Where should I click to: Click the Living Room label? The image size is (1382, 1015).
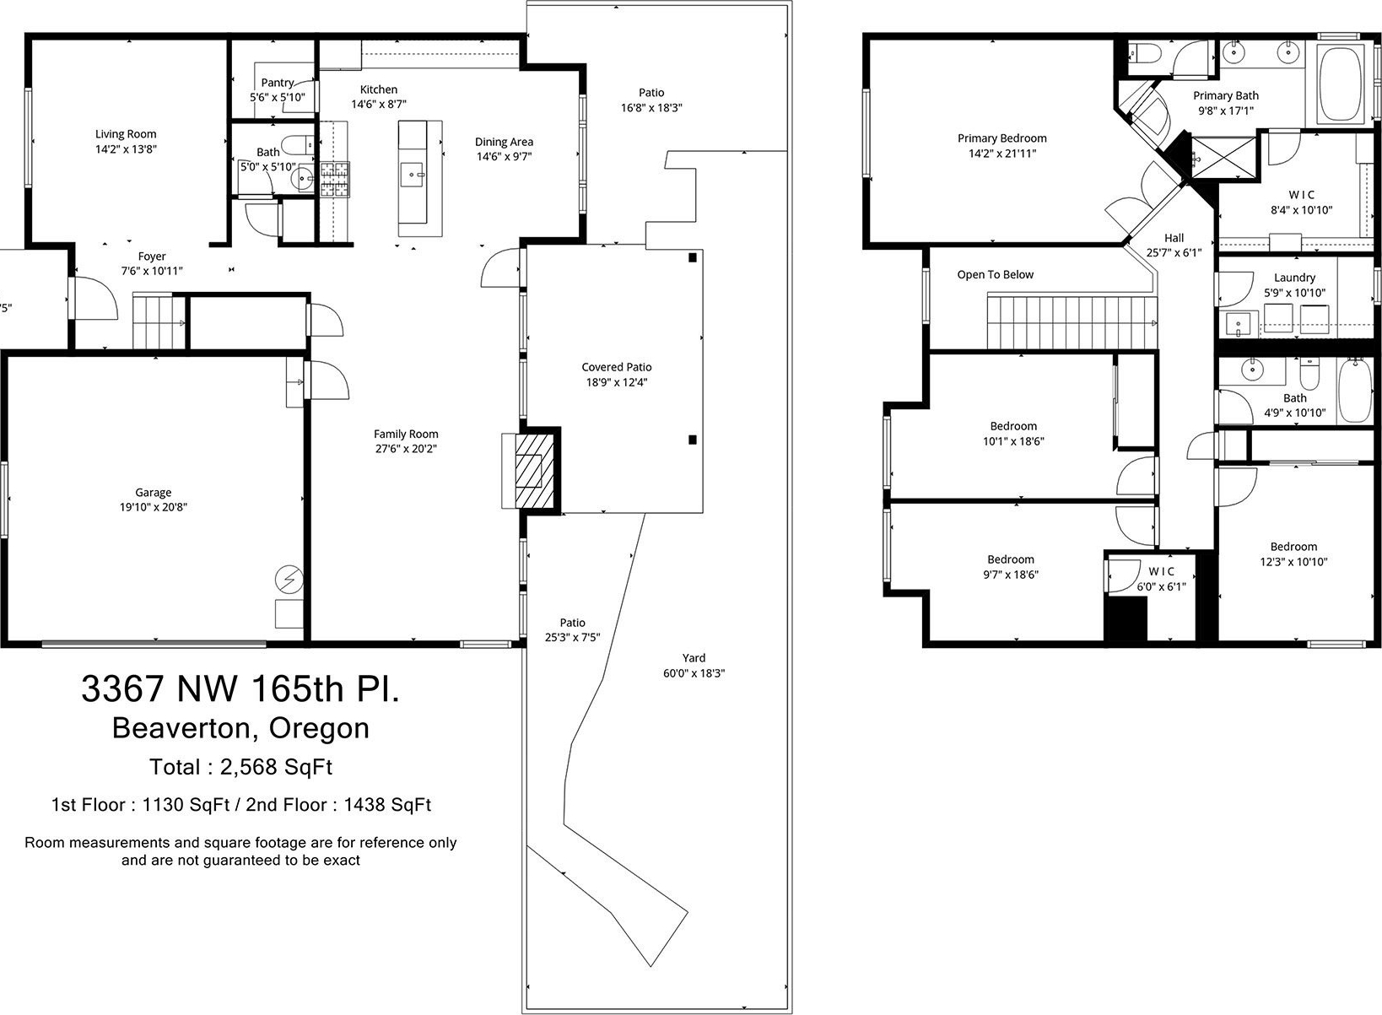click(126, 134)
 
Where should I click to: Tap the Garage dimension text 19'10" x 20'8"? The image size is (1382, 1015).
click(153, 507)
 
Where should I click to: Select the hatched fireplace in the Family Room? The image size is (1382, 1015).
click(534, 472)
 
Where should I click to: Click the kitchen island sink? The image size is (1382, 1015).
click(412, 175)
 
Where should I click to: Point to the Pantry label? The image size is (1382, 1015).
click(277, 83)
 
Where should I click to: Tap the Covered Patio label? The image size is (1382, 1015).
click(617, 367)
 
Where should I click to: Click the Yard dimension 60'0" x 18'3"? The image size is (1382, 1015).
click(694, 673)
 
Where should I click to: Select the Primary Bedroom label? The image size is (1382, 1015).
click(1002, 138)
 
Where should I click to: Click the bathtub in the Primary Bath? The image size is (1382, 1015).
click(1340, 93)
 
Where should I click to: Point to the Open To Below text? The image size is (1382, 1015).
click(996, 274)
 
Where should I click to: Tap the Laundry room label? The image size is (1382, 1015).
click(1294, 278)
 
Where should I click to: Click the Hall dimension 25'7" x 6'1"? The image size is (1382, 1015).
click(1174, 252)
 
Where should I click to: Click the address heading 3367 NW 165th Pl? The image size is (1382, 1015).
click(240, 688)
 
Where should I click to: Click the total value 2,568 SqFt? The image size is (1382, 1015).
click(276, 767)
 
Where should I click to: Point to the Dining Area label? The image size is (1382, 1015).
click(504, 142)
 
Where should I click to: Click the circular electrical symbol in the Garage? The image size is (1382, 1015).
click(289, 580)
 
